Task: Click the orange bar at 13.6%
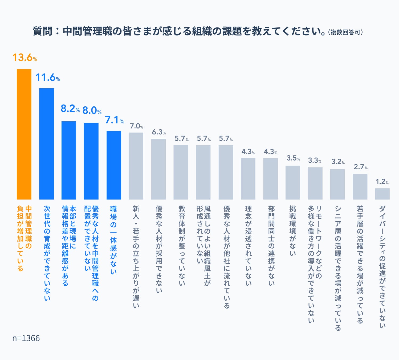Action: click(24, 134)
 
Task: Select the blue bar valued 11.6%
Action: click(46, 144)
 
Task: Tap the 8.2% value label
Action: click(70, 109)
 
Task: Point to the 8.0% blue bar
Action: click(91, 161)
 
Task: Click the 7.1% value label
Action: click(115, 120)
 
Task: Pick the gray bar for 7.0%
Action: click(136, 166)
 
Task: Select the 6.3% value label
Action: click(159, 132)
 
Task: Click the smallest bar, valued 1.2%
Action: click(382, 194)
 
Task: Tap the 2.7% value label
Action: click(360, 167)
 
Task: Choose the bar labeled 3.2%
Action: click(337, 184)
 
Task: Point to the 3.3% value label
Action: click(315, 161)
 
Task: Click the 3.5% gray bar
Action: click(293, 182)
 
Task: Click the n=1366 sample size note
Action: click(26, 338)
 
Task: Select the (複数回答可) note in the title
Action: click(345, 32)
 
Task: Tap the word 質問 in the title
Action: click(43, 31)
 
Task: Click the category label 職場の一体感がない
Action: click(113, 240)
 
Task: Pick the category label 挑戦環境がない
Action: click(292, 231)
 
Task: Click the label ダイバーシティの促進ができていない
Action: click(382, 267)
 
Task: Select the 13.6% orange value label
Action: click(25, 58)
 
